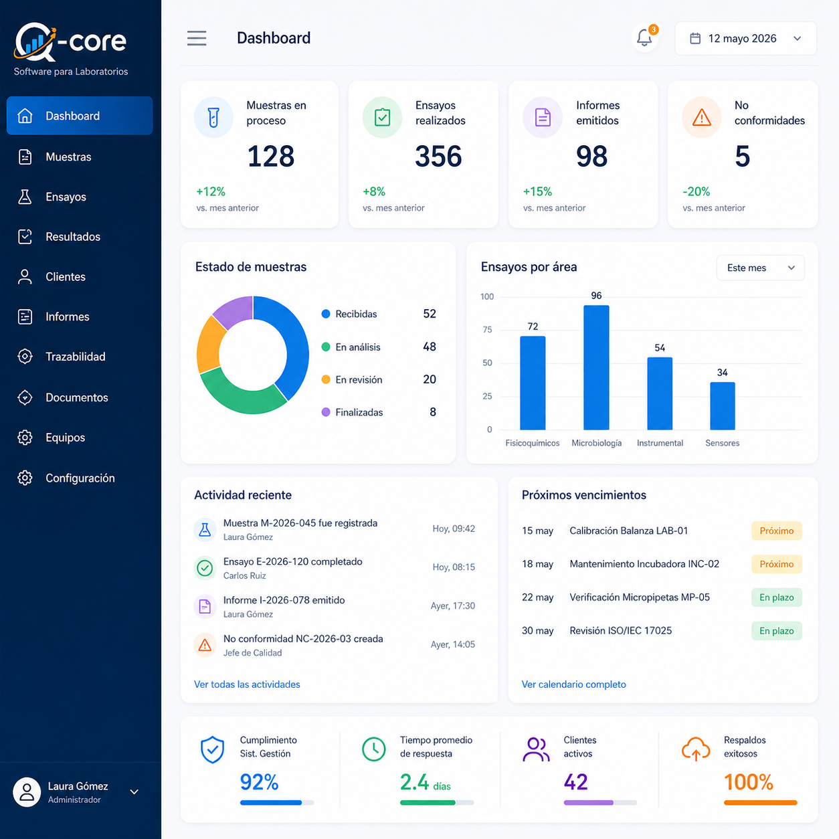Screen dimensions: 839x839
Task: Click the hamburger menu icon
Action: pyautogui.click(x=197, y=38)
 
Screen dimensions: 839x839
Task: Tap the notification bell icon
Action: pyautogui.click(x=644, y=38)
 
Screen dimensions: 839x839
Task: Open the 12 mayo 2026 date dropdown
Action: pyautogui.click(x=745, y=38)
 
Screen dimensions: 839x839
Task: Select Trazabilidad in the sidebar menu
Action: pyautogui.click(x=76, y=357)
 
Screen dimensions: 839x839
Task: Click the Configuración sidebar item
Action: pyautogui.click(x=80, y=478)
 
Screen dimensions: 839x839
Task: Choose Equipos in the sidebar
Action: pyautogui.click(x=66, y=438)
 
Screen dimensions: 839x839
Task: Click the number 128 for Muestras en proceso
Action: pyautogui.click(x=271, y=157)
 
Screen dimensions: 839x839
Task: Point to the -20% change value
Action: pyautogui.click(x=696, y=191)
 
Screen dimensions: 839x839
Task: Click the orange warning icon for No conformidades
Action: pyautogui.click(x=701, y=118)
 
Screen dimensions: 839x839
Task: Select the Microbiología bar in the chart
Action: pyautogui.click(x=596, y=367)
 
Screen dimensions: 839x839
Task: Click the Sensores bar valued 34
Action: pyautogui.click(x=723, y=406)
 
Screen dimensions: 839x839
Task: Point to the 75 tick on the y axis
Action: pyautogui.click(x=487, y=330)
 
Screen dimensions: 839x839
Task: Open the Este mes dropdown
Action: pyautogui.click(x=760, y=268)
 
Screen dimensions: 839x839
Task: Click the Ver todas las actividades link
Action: pyautogui.click(x=247, y=684)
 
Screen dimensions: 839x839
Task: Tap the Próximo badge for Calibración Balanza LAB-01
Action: pyautogui.click(x=776, y=531)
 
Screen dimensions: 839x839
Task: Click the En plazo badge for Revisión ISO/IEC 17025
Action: pyautogui.click(x=776, y=631)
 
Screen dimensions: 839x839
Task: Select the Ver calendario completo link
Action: pyautogui.click(x=573, y=684)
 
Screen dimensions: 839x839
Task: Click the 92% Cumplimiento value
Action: pyautogui.click(x=259, y=782)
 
